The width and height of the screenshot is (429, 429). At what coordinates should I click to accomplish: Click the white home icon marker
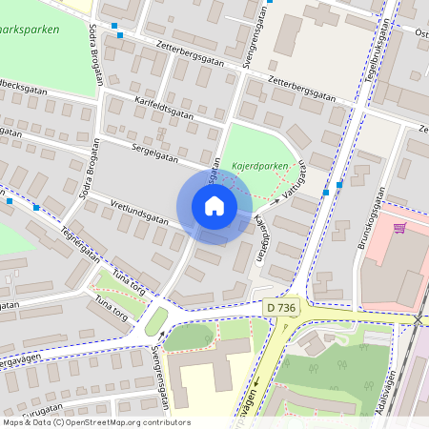(214, 206)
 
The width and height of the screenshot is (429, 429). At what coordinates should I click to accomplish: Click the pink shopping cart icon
(399, 228)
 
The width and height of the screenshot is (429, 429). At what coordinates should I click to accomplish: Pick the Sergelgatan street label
(141, 152)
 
